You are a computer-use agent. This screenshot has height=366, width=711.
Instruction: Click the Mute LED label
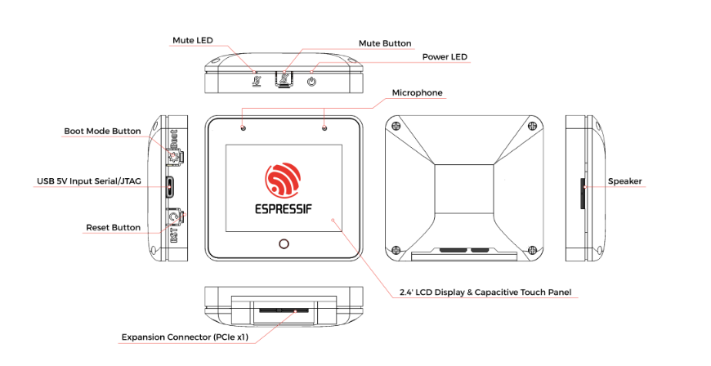[194, 40]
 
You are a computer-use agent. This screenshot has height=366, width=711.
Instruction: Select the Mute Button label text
[384, 43]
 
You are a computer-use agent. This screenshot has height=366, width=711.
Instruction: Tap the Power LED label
[448, 57]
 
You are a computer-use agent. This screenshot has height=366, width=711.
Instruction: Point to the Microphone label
[417, 92]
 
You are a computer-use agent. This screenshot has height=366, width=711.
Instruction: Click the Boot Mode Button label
[102, 131]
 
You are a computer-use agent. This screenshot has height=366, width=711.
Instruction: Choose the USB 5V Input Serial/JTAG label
[87, 181]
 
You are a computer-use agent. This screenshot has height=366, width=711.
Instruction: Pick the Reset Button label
[113, 227]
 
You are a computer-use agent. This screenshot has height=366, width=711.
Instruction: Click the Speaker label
[625, 181]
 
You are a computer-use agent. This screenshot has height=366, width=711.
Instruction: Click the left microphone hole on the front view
[243, 128]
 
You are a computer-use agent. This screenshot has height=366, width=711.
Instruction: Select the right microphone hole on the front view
[324, 128]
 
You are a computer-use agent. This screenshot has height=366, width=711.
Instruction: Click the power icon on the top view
[311, 81]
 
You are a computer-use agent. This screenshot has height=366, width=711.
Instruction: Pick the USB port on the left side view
[170, 187]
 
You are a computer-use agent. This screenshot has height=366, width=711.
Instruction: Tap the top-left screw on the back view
[397, 126]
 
